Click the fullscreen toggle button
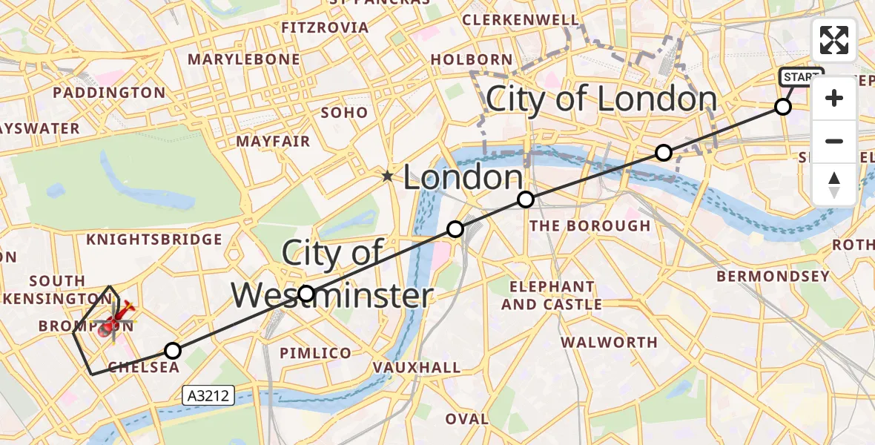coord(834,40)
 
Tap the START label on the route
coord(801,77)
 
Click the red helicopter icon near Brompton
coord(113,322)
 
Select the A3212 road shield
coord(208,397)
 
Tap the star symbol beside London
coord(387,177)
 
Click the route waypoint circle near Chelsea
coord(172,351)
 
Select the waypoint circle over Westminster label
coord(306,294)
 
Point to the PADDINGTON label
coord(109,93)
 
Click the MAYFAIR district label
coord(273,141)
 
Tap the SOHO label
coord(345,113)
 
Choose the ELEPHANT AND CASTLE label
coord(552,295)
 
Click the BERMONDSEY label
coord(773,277)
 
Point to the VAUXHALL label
coord(416,367)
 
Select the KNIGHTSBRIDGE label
coord(154,240)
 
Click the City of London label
coord(601,99)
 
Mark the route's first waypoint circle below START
coord(782,107)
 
